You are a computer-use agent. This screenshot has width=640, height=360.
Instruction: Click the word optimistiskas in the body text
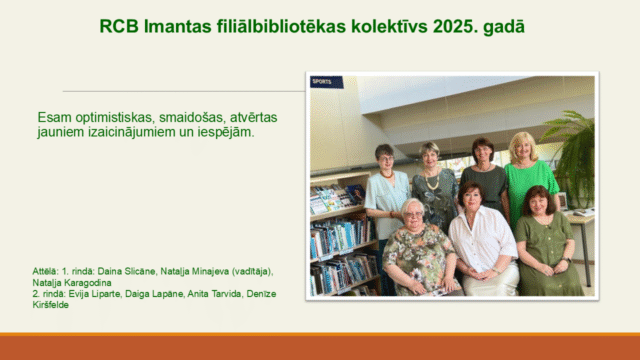(x=118, y=116)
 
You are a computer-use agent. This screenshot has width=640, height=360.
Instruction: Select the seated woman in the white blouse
(x=482, y=240)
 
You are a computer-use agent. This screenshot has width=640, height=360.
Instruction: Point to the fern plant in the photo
(x=574, y=150)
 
